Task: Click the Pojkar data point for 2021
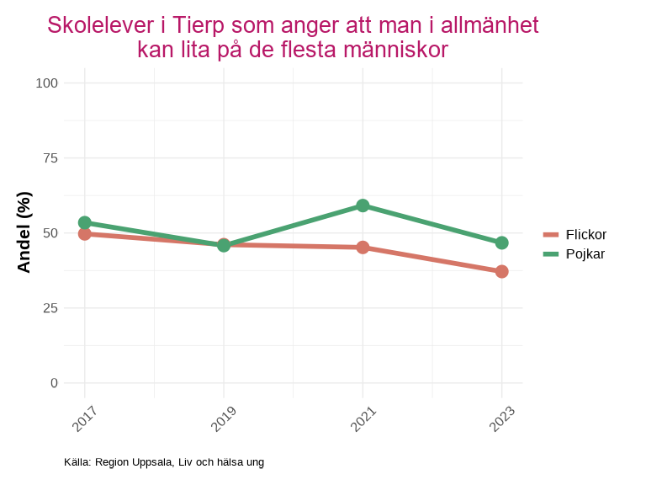click(363, 205)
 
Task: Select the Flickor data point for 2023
click(501, 271)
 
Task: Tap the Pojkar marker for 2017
click(85, 222)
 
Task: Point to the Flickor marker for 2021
click(363, 248)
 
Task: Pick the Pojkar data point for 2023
click(501, 242)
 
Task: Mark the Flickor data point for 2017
click(85, 233)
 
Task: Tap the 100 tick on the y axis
click(47, 83)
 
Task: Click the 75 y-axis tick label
click(50, 157)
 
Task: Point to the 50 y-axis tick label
click(50, 232)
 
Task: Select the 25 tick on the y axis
click(50, 307)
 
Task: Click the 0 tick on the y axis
click(55, 382)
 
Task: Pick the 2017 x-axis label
click(85, 418)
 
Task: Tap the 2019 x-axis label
click(224, 418)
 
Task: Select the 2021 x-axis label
click(363, 418)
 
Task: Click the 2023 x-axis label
click(501, 418)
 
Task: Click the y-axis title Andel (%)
click(24, 232)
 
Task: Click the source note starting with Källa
click(164, 462)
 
